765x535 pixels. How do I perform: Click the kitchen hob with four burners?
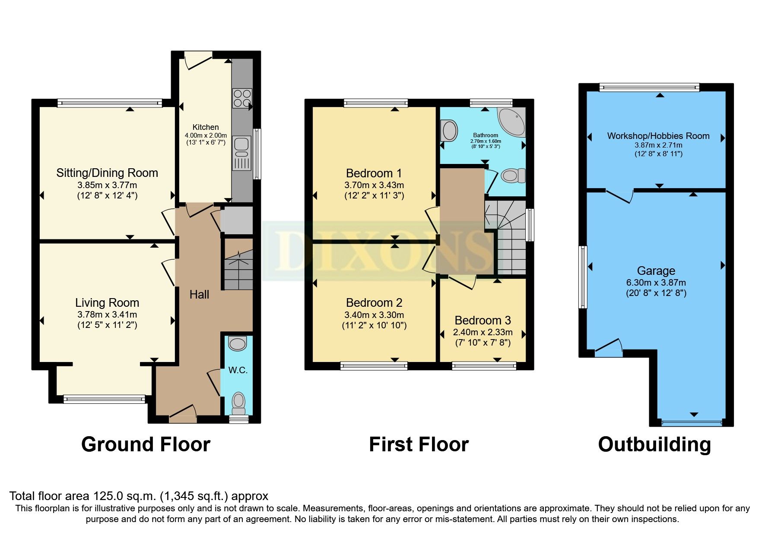242,98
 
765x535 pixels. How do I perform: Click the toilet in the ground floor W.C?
238,402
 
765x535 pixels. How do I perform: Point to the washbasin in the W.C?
237,343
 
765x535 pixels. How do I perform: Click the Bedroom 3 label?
482,321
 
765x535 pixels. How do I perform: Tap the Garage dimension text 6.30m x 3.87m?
656,283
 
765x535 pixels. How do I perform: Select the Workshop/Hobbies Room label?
658,136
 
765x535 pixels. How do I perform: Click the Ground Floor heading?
146,444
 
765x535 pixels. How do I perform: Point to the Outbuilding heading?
654,444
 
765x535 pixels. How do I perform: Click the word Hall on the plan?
199,295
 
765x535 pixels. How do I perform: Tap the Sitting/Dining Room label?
107,173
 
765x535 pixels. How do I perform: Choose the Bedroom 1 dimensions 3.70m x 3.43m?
374,185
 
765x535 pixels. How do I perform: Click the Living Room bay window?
105,399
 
